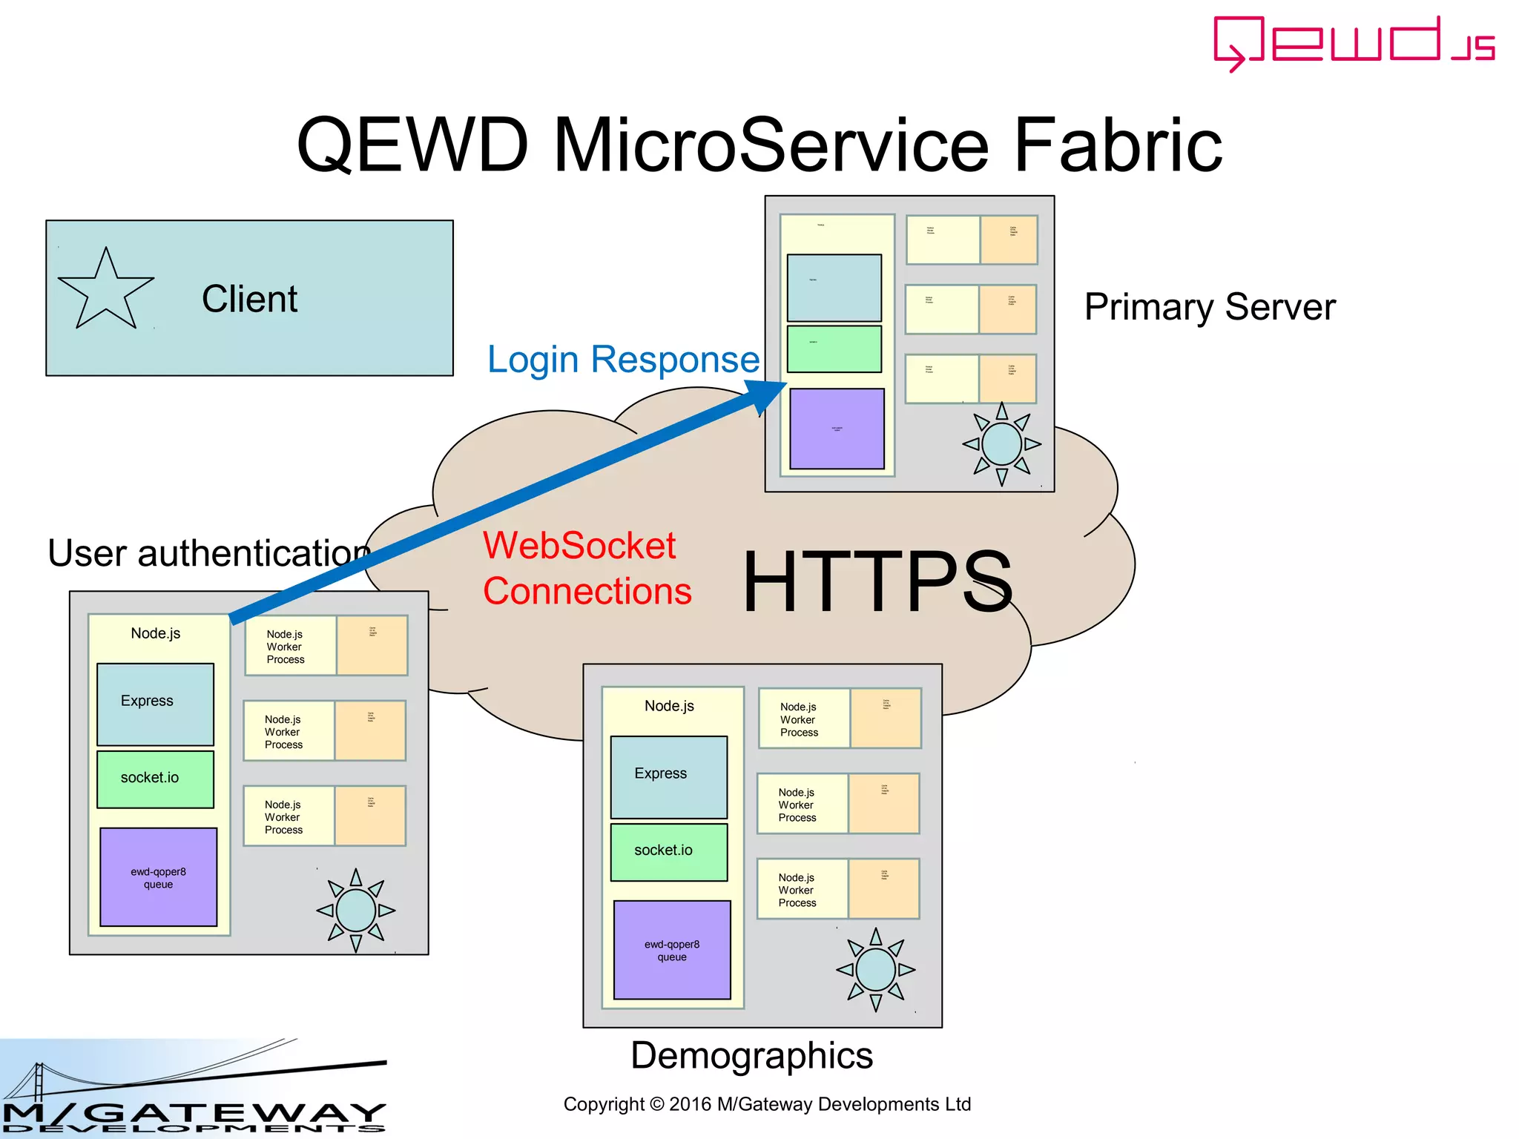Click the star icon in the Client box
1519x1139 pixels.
pyautogui.click(x=106, y=291)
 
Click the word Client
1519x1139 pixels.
pyautogui.click(x=249, y=299)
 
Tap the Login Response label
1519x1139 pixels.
pyautogui.click(x=623, y=360)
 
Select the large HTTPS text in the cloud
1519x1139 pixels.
pyautogui.click(x=877, y=582)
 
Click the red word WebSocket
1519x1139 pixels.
pyautogui.click(x=579, y=546)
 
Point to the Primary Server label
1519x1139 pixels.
pyautogui.click(x=1210, y=307)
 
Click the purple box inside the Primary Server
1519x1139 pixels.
pyautogui.click(x=837, y=429)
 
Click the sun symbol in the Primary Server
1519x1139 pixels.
pyautogui.click(x=1001, y=444)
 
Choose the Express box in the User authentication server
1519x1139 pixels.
pyautogui.click(x=155, y=704)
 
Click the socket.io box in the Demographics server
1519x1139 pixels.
pyautogui.click(x=668, y=851)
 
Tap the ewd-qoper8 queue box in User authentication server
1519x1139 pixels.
pyautogui.click(x=158, y=877)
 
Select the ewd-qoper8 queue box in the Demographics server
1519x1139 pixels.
pyautogui.click(x=672, y=950)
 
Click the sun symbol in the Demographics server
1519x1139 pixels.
pyautogui.click(x=875, y=969)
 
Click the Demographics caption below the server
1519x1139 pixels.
pyautogui.click(x=751, y=1055)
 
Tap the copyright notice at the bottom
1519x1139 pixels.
pyautogui.click(x=767, y=1104)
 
